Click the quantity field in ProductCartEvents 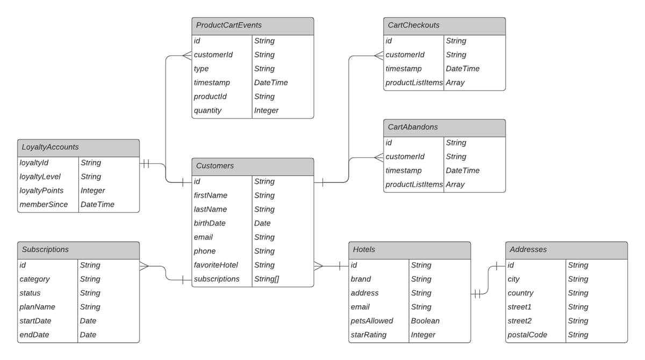click(x=208, y=111)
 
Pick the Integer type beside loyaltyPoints click(x=93, y=191)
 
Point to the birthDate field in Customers click(x=210, y=224)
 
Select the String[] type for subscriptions click(x=267, y=279)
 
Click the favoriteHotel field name click(x=216, y=265)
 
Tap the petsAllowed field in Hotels click(x=372, y=321)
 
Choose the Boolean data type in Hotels click(x=425, y=321)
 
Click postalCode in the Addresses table click(x=527, y=335)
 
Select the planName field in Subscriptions click(x=38, y=307)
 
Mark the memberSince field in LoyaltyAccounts click(x=44, y=205)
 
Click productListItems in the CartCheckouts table click(x=414, y=83)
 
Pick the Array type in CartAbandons click(x=455, y=185)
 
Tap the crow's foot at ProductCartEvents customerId click(x=187, y=55)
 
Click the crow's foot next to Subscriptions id click(x=145, y=265)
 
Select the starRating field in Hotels click(x=369, y=335)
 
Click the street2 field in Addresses click(x=520, y=321)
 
